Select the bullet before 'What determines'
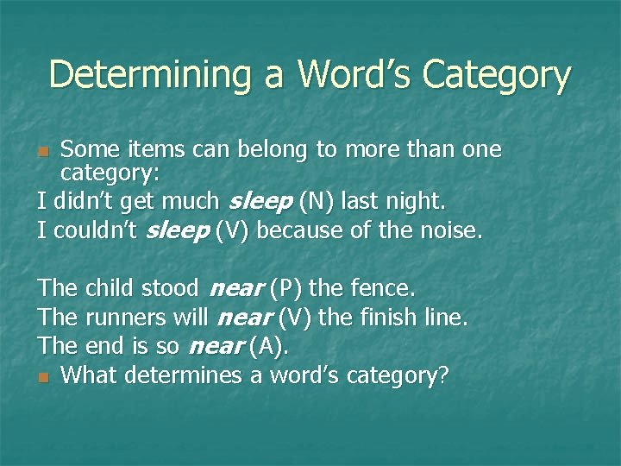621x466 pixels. pyautogui.click(x=44, y=377)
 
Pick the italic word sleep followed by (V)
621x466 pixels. pyautogui.click(x=178, y=230)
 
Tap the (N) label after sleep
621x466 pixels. pyautogui.click(x=317, y=203)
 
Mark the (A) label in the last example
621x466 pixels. pyautogui.click(x=267, y=347)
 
